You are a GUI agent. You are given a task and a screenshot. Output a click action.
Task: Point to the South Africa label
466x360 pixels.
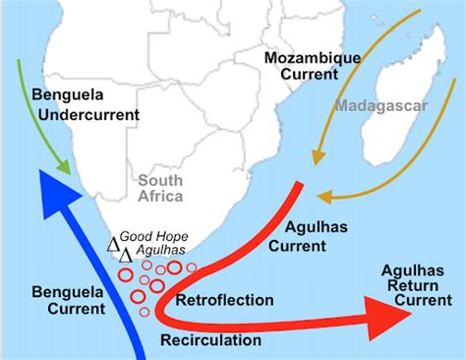pyautogui.click(x=161, y=188)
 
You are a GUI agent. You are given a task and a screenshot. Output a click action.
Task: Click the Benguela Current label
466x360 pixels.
pyautogui.click(x=67, y=299)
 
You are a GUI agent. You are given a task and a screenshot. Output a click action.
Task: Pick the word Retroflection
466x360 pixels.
pyautogui.click(x=223, y=297)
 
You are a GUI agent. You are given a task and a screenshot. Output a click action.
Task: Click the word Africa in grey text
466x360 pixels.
pyautogui.click(x=161, y=196)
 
